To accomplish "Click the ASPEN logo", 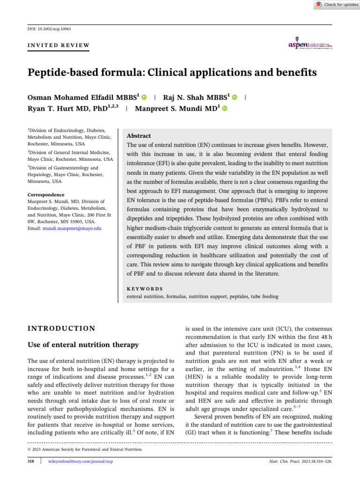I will (310, 42).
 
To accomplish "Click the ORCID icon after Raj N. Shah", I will (234, 97).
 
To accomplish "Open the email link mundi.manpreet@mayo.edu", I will (77, 228).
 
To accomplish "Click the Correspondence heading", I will (45, 195).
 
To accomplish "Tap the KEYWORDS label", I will (145, 288).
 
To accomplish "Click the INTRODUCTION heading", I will (61, 329).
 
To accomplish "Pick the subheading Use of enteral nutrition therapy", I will (83, 345).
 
